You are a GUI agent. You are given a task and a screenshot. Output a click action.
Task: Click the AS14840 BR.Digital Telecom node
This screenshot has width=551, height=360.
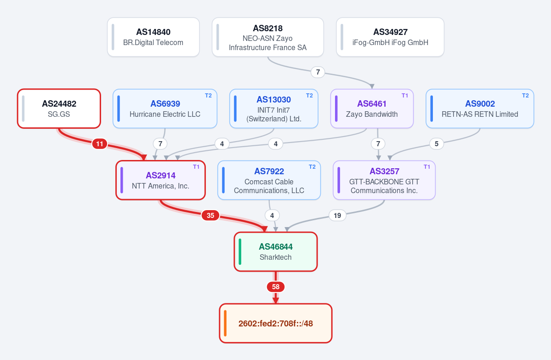click(153, 37)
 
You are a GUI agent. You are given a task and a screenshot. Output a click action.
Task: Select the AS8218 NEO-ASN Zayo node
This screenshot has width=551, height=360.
click(268, 37)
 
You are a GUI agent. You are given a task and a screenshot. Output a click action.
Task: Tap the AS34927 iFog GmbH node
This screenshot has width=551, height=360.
click(390, 37)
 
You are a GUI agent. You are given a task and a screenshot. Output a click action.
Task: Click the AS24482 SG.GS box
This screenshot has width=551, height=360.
click(59, 109)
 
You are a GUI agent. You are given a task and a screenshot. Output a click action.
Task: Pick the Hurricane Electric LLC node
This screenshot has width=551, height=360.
click(165, 109)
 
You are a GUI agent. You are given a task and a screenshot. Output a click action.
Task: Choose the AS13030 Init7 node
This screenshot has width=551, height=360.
click(274, 109)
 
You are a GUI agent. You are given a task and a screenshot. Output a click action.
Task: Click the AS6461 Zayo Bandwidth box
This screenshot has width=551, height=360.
click(372, 109)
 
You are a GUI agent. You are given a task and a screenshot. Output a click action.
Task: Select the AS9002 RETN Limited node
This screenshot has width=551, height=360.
click(480, 109)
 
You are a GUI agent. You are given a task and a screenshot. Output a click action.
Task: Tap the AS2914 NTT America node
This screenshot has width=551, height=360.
click(160, 180)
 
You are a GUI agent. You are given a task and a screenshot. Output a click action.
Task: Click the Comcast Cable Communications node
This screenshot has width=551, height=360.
click(269, 180)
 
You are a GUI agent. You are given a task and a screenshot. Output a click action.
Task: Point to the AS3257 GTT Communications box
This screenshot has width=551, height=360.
click(384, 180)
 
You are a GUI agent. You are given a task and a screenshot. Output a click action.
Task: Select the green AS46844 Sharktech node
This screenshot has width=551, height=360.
click(276, 251)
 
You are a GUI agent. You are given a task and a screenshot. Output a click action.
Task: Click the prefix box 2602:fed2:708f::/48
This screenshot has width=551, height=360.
click(276, 323)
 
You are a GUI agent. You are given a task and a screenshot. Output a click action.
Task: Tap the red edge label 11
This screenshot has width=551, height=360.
click(100, 144)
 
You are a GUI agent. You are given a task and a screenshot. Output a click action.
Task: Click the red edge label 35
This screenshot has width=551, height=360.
click(210, 216)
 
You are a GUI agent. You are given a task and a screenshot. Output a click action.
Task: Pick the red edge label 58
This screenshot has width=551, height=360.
click(276, 287)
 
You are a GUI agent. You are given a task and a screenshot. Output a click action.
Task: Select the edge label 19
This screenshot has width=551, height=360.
click(337, 216)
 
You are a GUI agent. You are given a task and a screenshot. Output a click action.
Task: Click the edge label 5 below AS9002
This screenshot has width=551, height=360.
click(437, 144)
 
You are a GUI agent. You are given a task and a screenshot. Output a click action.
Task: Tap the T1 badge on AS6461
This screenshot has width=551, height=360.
click(405, 96)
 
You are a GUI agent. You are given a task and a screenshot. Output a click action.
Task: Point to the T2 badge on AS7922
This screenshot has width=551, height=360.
click(312, 167)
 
